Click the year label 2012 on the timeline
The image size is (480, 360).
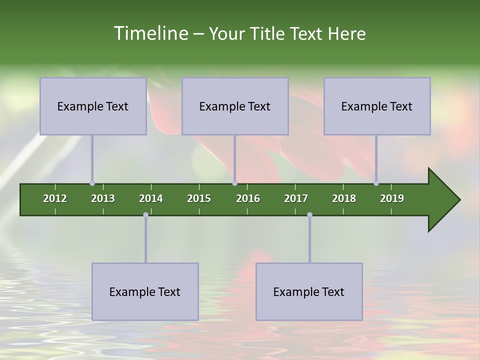[x=55, y=198]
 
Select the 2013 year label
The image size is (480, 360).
[x=103, y=198]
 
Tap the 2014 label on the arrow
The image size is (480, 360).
[x=151, y=198]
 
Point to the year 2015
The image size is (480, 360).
[x=199, y=198]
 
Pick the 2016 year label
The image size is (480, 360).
[x=248, y=198]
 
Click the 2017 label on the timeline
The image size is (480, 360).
[x=296, y=198]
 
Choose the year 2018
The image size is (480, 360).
[x=344, y=198]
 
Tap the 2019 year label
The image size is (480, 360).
[x=392, y=198]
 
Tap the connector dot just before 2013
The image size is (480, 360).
[x=92, y=183]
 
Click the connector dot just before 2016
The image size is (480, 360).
[x=234, y=183]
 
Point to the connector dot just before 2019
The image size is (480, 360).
[x=376, y=183]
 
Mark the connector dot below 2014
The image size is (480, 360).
[x=145, y=215]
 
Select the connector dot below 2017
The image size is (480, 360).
[x=309, y=215]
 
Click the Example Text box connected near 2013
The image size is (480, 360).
[x=93, y=106]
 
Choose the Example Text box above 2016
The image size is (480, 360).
[x=235, y=106]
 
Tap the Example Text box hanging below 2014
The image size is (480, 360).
[x=145, y=291]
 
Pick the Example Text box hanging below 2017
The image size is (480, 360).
[x=309, y=291]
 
